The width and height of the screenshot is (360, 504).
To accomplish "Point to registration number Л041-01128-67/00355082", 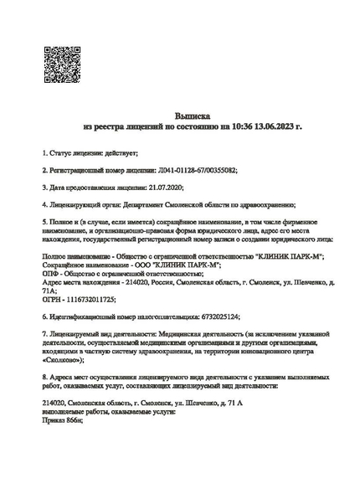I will (x=197, y=169).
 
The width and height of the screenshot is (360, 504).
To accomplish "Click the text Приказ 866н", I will (x=63, y=419).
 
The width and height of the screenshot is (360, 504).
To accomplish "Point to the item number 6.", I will (x=44, y=316).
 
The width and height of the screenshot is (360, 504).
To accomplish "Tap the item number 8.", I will (x=44, y=378).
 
